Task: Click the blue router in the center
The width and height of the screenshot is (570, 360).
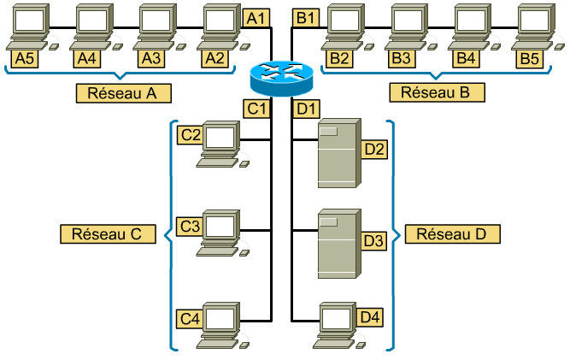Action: (x=282, y=78)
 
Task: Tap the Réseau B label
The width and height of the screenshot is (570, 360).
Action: (x=436, y=92)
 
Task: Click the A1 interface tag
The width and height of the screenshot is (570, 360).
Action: (x=256, y=17)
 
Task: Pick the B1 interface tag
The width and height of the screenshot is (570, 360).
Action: (x=306, y=17)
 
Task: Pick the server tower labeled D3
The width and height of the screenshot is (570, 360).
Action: (x=337, y=244)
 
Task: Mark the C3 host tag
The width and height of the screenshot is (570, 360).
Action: (x=189, y=227)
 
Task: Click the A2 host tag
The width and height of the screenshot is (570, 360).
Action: (x=214, y=58)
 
